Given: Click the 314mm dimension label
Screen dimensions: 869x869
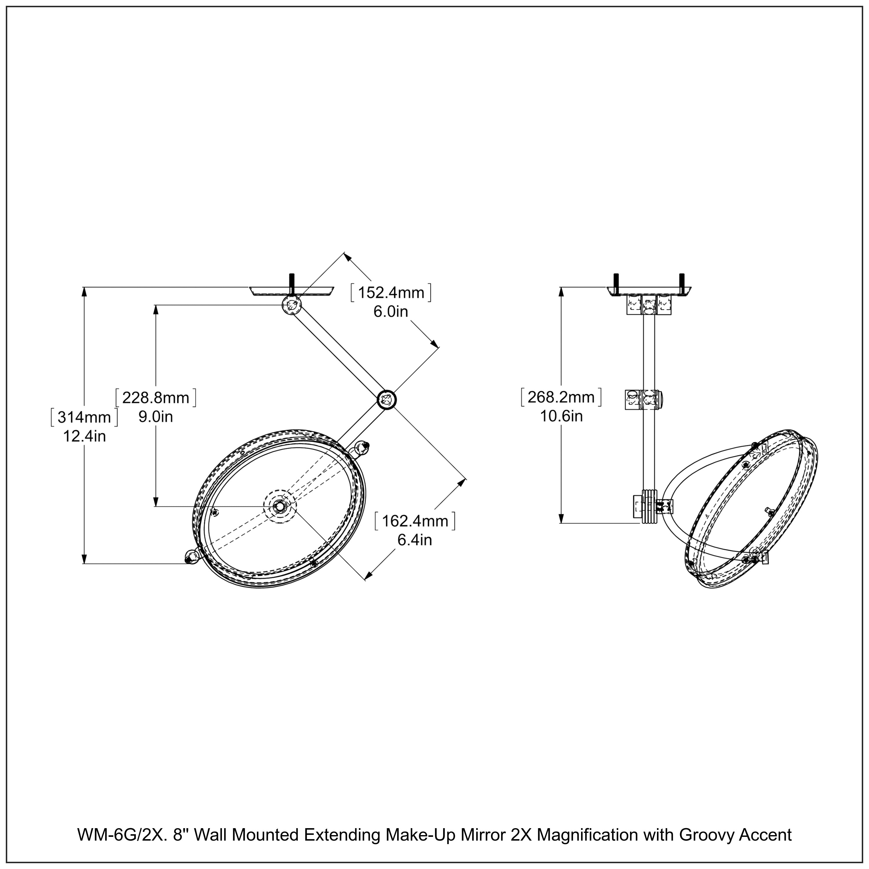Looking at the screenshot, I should pyautogui.click(x=84, y=417).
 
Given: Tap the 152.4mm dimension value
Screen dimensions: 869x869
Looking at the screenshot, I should pyautogui.click(x=391, y=292).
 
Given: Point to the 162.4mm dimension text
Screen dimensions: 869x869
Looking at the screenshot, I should pyautogui.click(x=415, y=521).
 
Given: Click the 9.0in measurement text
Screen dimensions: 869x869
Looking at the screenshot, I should pyautogui.click(x=156, y=417).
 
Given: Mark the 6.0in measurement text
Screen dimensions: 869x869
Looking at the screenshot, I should pyautogui.click(x=390, y=311).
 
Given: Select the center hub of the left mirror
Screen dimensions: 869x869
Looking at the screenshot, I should pyautogui.click(x=280, y=505).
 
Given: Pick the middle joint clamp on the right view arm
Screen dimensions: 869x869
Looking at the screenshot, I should pyautogui.click(x=644, y=399).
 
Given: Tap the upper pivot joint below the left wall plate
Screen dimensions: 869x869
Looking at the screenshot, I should pyautogui.click(x=291, y=305).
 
